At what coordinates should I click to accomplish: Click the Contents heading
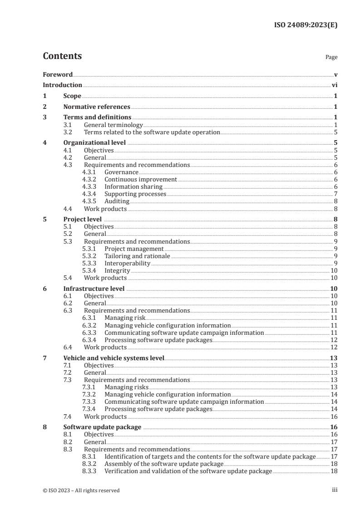(x=62, y=56)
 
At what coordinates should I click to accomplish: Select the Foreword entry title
(x=58, y=74)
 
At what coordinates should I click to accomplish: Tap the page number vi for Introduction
(x=334, y=85)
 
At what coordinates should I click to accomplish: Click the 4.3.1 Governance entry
(x=121, y=172)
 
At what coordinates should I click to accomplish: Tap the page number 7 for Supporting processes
(x=335, y=194)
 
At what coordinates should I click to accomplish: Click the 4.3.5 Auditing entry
(x=117, y=201)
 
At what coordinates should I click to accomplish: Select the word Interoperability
(x=127, y=263)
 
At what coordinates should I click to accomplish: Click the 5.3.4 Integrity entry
(x=117, y=270)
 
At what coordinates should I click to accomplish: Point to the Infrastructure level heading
(x=94, y=289)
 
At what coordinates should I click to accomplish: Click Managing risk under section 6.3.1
(x=125, y=318)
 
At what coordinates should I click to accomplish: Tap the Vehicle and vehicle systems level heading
(x=113, y=358)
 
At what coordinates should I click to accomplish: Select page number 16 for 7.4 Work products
(x=334, y=416)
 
